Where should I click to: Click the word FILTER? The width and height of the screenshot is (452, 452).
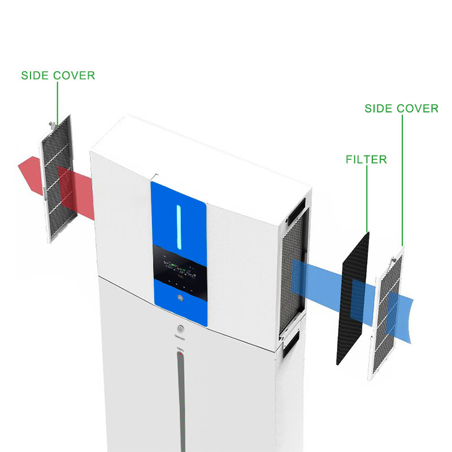click(x=366, y=159)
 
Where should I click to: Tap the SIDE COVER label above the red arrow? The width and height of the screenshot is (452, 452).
click(x=58, y=75)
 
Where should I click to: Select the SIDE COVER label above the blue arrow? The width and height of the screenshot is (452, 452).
click(x=401, y=108)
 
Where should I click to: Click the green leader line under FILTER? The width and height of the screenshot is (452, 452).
click(x=367, y=198)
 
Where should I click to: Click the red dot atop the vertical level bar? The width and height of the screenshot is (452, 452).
click(x=180, y=355)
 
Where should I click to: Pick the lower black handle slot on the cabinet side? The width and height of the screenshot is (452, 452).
click(x=292, y=343)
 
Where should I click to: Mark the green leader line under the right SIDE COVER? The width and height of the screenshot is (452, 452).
click(x=402, y=181)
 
